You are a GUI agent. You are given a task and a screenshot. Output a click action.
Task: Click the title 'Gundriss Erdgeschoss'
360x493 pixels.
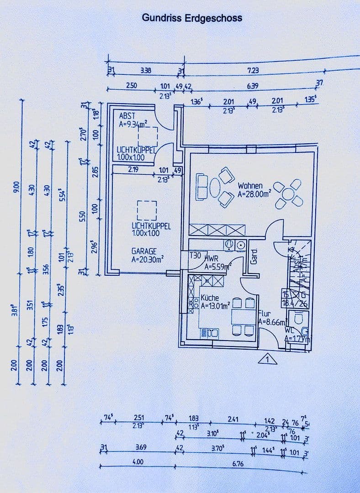click(192, 18)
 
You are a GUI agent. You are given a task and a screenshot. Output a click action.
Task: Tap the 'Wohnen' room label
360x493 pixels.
click(250, 186)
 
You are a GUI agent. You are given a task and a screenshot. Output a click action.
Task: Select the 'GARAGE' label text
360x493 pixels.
click(144, 251)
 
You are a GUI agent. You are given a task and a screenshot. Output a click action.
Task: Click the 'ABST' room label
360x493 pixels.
click(127, 116)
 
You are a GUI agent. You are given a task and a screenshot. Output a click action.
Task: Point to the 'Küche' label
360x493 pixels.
click(210, 298)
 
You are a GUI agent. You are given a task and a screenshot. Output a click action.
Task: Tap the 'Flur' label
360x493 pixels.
click(265, 314)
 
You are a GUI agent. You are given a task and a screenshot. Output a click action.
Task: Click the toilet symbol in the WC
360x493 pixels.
click(297, 318)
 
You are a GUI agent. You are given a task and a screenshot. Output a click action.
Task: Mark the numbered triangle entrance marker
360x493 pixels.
click(268, 360)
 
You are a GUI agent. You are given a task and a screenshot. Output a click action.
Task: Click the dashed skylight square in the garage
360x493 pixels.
click(147, 210)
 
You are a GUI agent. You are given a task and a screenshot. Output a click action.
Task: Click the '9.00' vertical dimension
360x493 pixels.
click(17, 186)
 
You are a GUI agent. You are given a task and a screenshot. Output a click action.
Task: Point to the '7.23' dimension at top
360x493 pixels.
click(253, 70)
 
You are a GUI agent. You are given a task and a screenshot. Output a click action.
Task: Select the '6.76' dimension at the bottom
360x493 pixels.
click(238, 463)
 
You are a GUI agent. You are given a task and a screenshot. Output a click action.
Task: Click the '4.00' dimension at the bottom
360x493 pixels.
click(138, 462)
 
